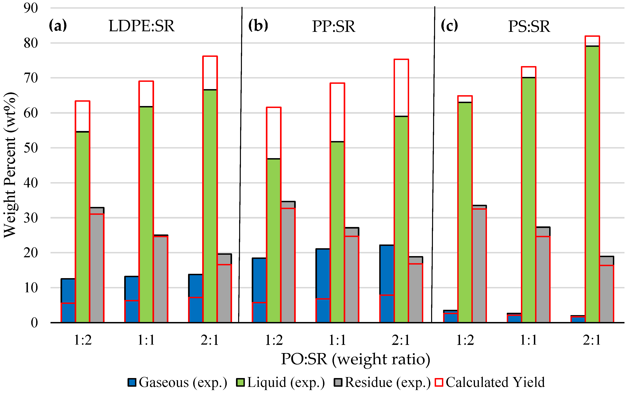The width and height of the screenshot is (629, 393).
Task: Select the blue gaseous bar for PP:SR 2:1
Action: (387, 284)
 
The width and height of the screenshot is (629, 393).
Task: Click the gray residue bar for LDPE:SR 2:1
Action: (224, 288)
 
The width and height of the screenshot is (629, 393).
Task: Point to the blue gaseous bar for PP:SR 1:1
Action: (323, 286)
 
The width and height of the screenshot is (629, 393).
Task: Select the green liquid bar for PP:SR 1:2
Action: (274, 240)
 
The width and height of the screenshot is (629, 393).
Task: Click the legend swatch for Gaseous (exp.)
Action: (132, 382)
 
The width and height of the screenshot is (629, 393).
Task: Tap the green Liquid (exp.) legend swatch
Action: (240, 382)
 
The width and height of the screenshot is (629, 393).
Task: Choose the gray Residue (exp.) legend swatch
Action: (338, 382)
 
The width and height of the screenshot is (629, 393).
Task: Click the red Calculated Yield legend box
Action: (439, 382)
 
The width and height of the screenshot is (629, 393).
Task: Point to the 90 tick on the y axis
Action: (31, 8)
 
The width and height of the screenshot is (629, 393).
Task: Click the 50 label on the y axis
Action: (31, 148)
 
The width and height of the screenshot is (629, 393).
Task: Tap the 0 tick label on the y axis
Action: (35, 323)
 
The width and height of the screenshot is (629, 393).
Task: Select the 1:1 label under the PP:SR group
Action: (337, 340)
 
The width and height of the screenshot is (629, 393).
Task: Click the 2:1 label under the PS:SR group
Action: (592, 340)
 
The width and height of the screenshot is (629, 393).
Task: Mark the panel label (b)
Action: (258, 26)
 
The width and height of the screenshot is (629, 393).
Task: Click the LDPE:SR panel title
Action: (142, 26)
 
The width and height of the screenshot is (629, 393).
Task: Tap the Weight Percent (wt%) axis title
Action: (10, 165)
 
